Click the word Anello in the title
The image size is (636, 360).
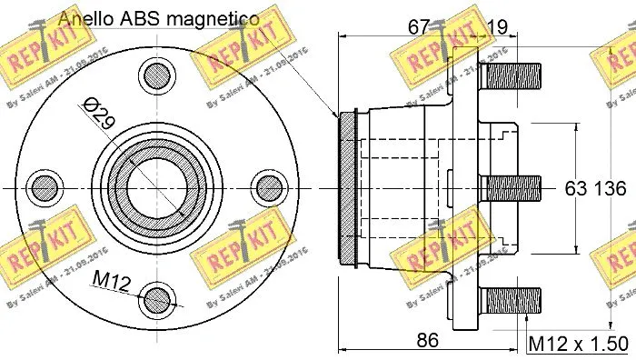[84, 18]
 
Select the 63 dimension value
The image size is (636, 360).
[578, 189]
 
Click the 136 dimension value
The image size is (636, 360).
[611, 189]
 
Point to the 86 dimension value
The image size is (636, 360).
[428, 341]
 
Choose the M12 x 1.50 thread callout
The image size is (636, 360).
[578, 343]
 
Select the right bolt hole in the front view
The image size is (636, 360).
[269, 187]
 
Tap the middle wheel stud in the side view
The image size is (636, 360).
[511, 188]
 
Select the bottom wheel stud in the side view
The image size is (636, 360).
[511, 300]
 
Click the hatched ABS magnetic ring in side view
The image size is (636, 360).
[346, 188]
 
